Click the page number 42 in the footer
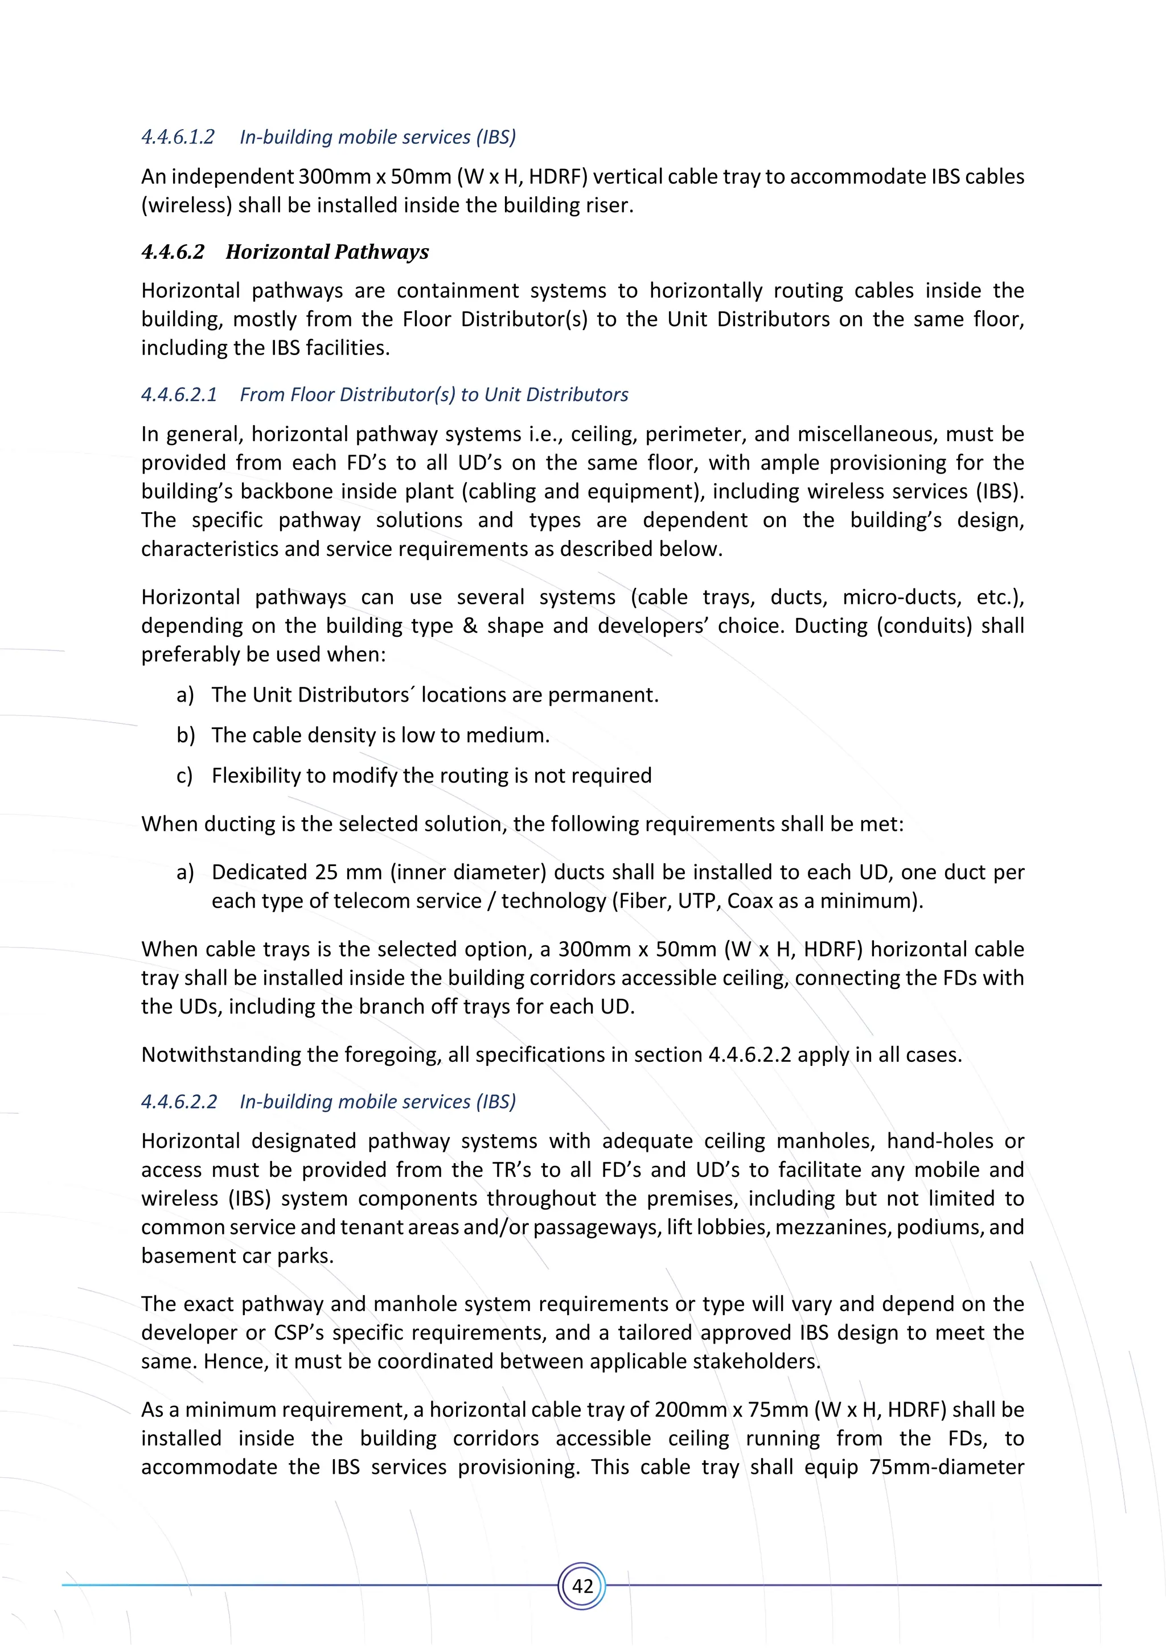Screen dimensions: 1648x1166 pos(582,1585)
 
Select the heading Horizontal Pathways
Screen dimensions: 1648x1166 pos(327,252)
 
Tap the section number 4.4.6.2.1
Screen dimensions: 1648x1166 pos(179,395)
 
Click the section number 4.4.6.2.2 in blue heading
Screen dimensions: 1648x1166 pos(179,1102)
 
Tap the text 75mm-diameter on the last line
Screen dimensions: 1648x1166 pos(946,1466)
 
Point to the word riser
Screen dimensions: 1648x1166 pos(609,205)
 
